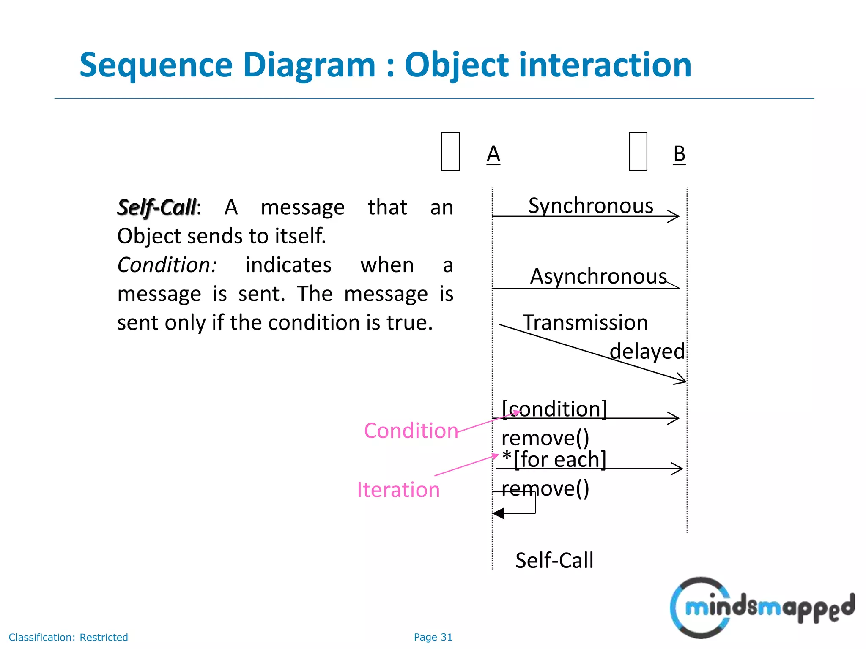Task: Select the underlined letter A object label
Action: [493, 154]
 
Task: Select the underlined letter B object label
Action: [679, 154]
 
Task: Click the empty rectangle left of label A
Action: [450, 151]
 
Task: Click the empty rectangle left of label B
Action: [638, 151]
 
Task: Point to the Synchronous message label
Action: [590, 206]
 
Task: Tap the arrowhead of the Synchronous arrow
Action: [674, 216]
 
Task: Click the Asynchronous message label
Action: [598, 277]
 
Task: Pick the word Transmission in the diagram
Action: [585, 323]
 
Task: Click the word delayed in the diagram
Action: [647, 352]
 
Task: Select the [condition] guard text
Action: [554, 409]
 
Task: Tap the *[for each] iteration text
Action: [554, 459]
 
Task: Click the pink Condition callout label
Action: [411, 431]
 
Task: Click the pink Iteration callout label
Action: [398, 490]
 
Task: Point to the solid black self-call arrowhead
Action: [499, 513]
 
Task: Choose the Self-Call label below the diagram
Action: [554, 561]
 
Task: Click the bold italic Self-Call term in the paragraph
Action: [157, 207]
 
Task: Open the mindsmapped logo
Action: [761, 608]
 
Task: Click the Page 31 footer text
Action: [433, 637]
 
